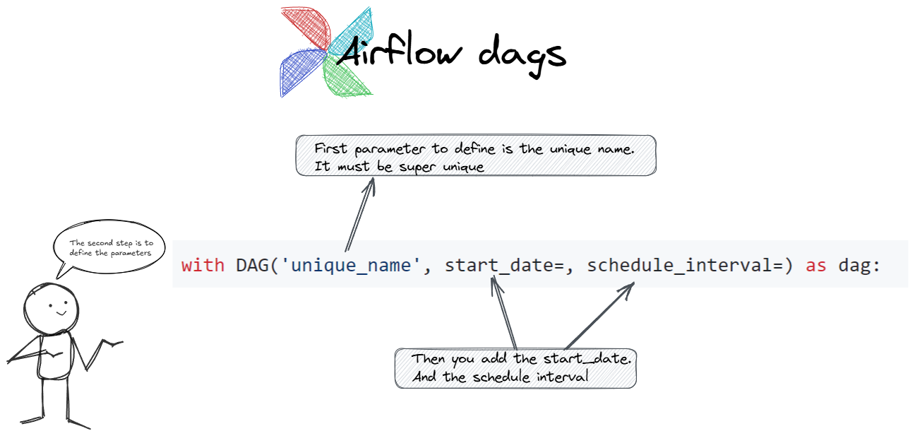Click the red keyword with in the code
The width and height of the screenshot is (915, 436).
click(x=203, y=265)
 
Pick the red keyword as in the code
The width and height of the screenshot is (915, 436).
click(x=816, y=266)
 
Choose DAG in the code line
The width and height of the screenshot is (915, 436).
click(x=252, y=265)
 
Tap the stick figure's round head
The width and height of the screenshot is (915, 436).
click(x=51, y=309)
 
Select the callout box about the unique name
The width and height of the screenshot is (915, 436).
click(x=476, y=155)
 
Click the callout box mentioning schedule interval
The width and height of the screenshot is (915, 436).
click(x=515, y=368)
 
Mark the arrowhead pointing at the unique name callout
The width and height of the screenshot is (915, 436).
click(x=371, y=185)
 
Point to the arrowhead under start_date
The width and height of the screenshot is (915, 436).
click(x=495, y=283)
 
